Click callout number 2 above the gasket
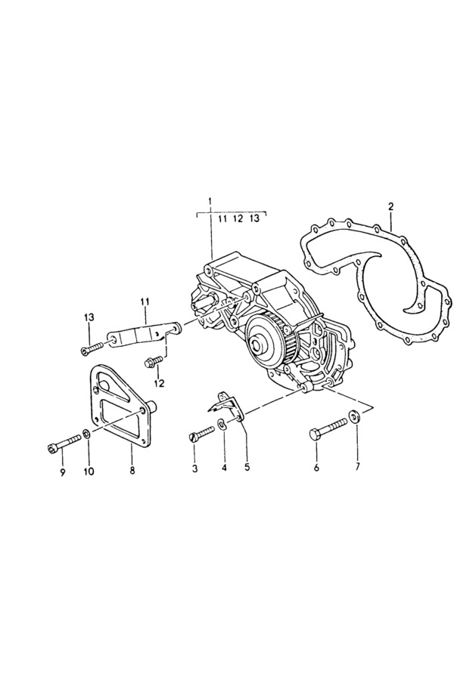(x=390, y=206)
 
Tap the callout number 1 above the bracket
(x=210, y=201)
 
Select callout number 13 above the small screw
(x=89, y=317)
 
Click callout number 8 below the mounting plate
(x=132, y=471)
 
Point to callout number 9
(x=63, y=471)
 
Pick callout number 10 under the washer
(x=89, y=471)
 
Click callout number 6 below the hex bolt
(x=316, y=467)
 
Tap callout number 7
(x=358, y=467)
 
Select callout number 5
(x=247, y=467)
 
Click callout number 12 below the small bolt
(x=159, y=383)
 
